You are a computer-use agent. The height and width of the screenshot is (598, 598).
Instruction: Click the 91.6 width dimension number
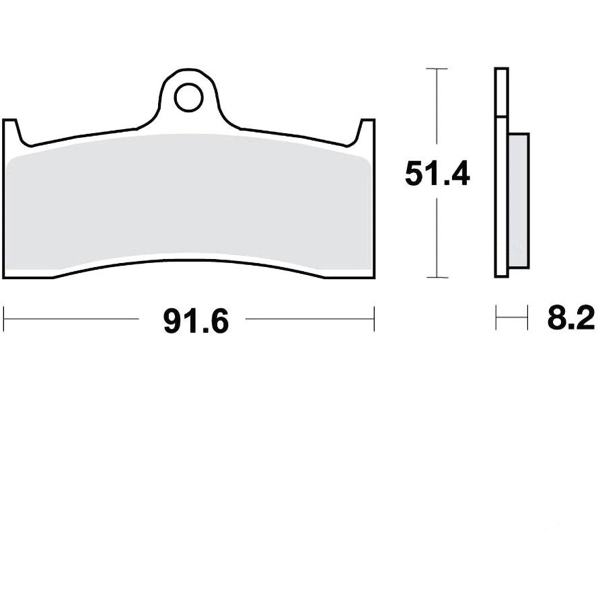(x=196, y=322)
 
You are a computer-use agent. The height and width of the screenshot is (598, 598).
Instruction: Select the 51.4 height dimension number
(x=437, y=174)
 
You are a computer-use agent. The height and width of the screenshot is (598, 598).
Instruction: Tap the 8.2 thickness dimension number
(x=571, y=317)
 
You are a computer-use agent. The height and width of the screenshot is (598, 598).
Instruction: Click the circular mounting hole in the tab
(x=188, y=98)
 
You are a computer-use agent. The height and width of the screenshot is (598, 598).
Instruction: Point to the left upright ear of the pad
(x=11, y=132)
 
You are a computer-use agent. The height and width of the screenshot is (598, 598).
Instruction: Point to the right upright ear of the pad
(x=367, y=132)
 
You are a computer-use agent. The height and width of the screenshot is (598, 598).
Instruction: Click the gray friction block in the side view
(x=519, y=200)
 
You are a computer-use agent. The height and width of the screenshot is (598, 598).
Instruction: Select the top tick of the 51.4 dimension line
(x=437, y=69)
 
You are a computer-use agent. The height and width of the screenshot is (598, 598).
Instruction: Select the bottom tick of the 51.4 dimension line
(x=437, y=277)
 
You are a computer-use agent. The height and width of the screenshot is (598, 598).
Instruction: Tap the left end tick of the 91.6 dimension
(x=3, y=318)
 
